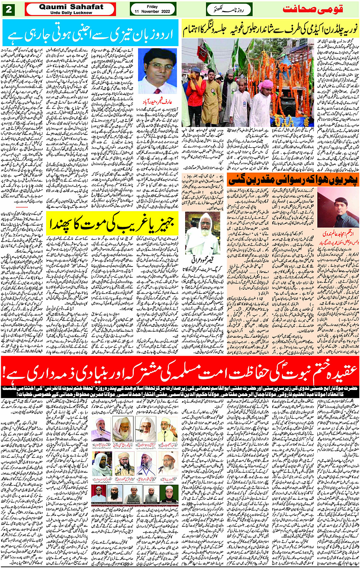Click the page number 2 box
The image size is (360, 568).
tap(8, 9)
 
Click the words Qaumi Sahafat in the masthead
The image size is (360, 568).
tap(71, 6)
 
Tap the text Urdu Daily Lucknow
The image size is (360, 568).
tap(71, 13)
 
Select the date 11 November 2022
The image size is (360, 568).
tap(152, 12)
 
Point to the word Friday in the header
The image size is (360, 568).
tap(152, 6)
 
